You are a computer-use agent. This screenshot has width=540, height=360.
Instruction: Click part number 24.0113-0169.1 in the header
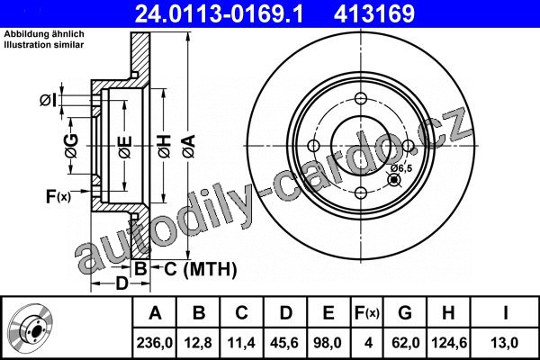point(219,13)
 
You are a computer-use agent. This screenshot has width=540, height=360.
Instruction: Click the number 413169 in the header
point(374,13)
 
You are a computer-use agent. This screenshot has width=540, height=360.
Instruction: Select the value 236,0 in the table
point(155,343)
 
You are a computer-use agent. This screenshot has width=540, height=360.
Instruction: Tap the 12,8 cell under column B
point(198,343)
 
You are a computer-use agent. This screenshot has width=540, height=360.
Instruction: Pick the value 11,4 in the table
point(241,343)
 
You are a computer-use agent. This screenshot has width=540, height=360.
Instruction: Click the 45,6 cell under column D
point(284,343)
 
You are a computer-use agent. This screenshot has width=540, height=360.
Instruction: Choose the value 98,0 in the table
point(328,343)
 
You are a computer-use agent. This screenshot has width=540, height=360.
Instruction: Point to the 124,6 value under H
point(449,343)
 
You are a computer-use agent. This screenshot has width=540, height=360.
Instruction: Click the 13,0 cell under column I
point(504,343)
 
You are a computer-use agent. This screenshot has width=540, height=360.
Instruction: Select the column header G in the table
point(405,312)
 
